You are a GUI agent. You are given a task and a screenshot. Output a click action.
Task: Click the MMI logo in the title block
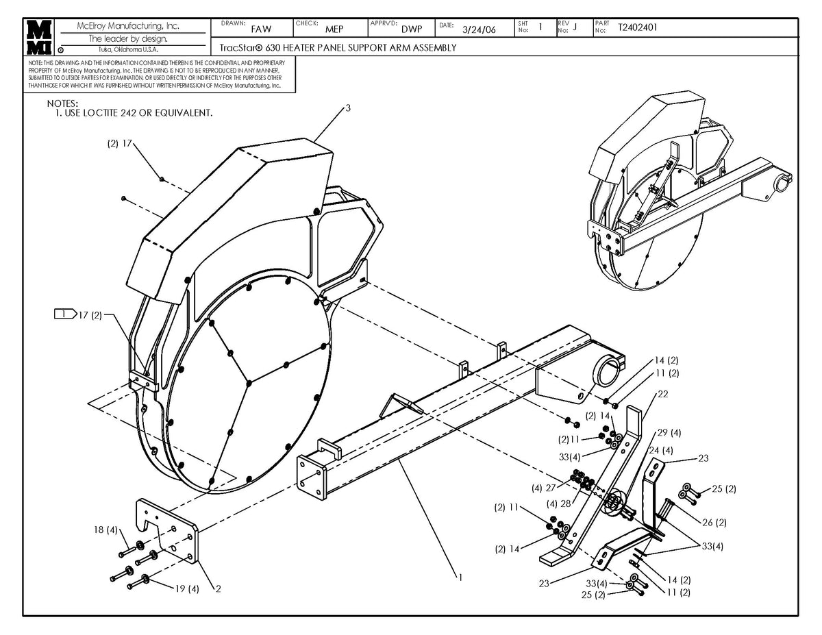(x=39, y=38)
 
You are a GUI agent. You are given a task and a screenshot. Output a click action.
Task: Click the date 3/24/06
(x=479, y=29)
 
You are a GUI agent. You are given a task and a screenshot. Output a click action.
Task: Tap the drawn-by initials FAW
(x=261, y=29)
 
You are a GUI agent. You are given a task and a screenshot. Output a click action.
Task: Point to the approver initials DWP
(x=412, y=29)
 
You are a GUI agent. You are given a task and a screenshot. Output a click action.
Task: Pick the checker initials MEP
(x=334, y=29)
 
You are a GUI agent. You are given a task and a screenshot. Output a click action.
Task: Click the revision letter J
(x=575, y=27)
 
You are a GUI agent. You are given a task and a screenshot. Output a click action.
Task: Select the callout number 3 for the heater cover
(x=348, y=108)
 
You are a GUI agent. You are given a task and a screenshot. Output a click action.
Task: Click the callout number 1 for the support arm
(x=460, y=577)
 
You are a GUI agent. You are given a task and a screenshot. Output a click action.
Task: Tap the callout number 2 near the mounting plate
(x=218, y=588)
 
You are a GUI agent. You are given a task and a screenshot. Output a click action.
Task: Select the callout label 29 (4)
(x=669, y=433)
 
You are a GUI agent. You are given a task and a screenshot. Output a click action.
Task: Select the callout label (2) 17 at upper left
(x=119, y=145)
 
